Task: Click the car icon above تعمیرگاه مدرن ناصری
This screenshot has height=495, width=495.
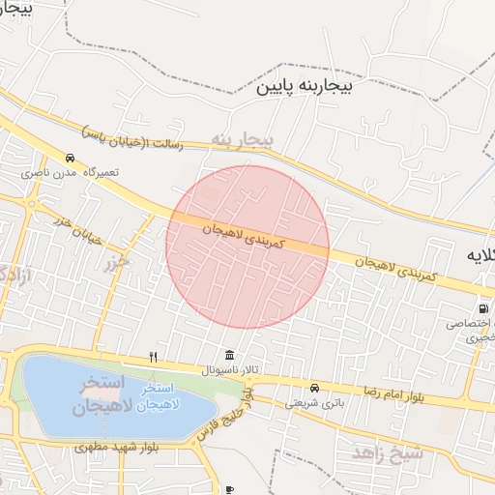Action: tap(70, 157)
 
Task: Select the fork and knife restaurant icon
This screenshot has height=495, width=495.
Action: tap(153, 357)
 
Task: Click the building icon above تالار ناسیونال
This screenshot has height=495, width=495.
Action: tap(228, 355)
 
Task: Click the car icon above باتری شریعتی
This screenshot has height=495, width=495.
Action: tap(314, 388)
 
